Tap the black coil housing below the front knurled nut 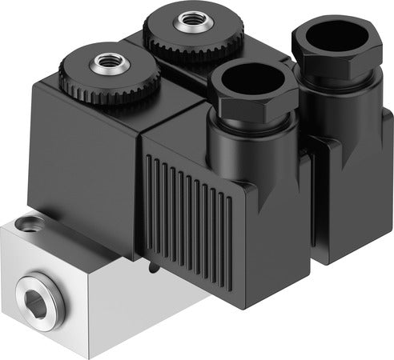tap(88, 168)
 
